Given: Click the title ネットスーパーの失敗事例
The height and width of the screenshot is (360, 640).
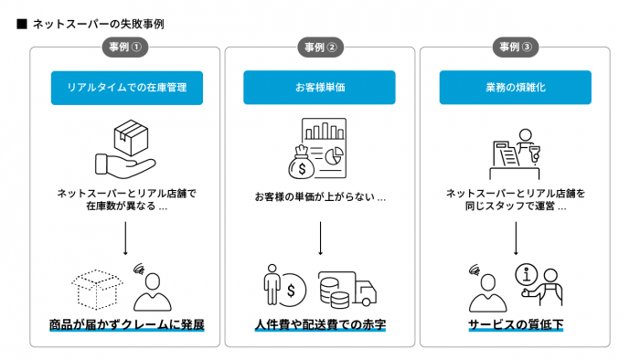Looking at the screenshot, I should click(x=98, y=23).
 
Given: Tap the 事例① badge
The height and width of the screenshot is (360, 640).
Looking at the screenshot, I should click(x=124, y=48).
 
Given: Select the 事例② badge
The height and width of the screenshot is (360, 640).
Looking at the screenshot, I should click(x=320, y=48).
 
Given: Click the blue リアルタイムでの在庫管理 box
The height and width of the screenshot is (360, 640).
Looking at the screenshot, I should click(x=125, y=88).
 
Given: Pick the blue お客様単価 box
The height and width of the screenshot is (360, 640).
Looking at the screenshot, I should click(x=320, y=88).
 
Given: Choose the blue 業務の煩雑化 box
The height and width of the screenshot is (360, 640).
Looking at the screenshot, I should click(x=516, y=88).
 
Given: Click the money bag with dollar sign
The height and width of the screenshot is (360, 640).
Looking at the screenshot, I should click(x=303, y=164).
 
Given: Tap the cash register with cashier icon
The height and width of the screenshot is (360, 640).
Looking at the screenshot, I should click(x=515, y=150).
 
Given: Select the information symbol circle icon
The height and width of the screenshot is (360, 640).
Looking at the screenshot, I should click(x=525, y=274).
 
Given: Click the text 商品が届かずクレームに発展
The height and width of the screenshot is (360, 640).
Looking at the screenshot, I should click(x=125, y=325).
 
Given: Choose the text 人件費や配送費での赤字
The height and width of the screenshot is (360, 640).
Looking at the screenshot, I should click(x=320, y=325).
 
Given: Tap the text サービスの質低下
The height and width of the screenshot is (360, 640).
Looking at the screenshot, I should click(x=516, y=325).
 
